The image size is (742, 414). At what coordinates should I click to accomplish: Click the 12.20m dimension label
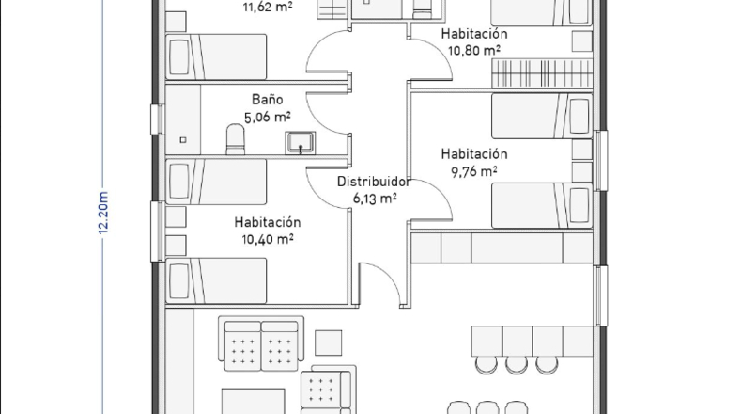[103, 213]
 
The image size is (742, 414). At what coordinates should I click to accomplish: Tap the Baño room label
[268, 100]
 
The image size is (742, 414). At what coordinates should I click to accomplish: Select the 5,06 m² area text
[268, 117]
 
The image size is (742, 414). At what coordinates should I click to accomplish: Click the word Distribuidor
[374, 182]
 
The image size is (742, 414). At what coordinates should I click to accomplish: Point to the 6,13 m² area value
[375, 199]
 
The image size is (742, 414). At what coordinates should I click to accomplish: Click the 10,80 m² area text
[474, 50]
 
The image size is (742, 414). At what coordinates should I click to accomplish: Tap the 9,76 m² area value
[474, 171]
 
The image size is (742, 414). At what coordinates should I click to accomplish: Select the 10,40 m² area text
[268, 239]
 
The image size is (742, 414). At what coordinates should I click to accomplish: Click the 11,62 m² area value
[268, 8]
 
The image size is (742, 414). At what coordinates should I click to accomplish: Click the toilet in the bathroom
[235, 139]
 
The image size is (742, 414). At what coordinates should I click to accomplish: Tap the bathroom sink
[300, 143]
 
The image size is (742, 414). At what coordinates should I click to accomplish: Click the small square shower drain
[183, 140]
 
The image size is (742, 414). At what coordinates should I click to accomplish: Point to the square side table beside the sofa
[329, 342]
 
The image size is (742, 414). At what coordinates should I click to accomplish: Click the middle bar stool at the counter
[517, 365]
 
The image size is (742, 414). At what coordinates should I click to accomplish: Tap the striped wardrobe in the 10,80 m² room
[542, 73]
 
